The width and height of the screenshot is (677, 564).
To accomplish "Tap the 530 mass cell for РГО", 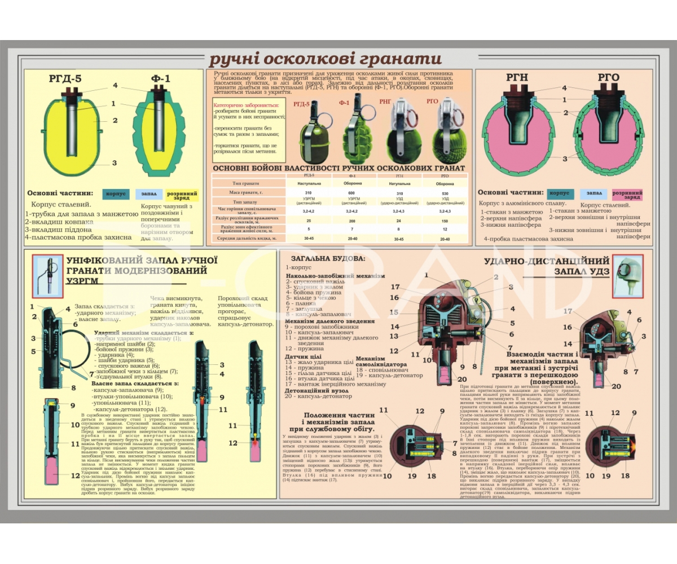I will pyautogui.click(x=445, y=193).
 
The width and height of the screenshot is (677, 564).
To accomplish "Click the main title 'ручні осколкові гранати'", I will pyautogui.click(x=318, y=60).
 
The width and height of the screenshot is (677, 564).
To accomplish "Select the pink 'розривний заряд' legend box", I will pyautogui.click(x=627, y=195).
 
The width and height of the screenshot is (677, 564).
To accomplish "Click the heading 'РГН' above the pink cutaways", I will pyautogui.click(x=516, y=78).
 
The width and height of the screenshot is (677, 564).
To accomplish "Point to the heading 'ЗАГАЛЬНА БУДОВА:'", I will pyautogui.click(x=326, y=259).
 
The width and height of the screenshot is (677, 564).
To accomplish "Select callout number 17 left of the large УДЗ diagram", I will pyautogui.click(x=395, y=287).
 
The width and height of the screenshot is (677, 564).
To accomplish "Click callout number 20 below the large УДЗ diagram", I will pyautogui.click(x=462, y=379).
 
